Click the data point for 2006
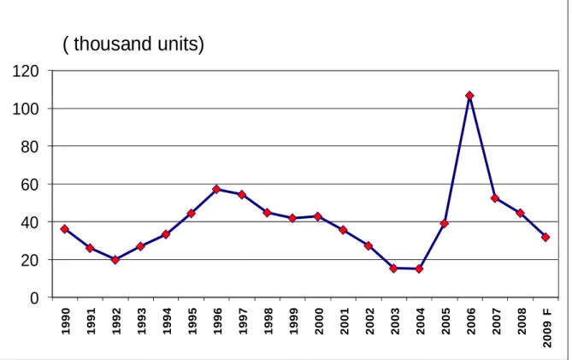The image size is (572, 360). [469, 96]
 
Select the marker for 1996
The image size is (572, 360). [216, 189]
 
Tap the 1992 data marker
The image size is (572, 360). [115, 260]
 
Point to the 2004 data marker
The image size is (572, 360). [419, 269]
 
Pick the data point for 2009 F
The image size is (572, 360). [545, 237]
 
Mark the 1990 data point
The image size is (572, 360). [65, 229]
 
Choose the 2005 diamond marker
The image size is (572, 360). [444, 223]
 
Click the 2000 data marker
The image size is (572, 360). [318, 216]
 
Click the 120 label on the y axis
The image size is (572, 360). [26, 71]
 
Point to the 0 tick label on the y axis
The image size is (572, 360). [34, 298]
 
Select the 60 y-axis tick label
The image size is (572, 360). [30, 185]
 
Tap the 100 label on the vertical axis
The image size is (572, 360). [26, 109]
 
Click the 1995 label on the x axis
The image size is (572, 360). [192, 321]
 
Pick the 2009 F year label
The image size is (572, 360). [547, 328]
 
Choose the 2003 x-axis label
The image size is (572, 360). [395, 321]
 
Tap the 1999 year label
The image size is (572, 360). [293, 321]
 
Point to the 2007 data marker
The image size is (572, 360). [495, 198]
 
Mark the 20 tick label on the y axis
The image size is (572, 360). [30, 261]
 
